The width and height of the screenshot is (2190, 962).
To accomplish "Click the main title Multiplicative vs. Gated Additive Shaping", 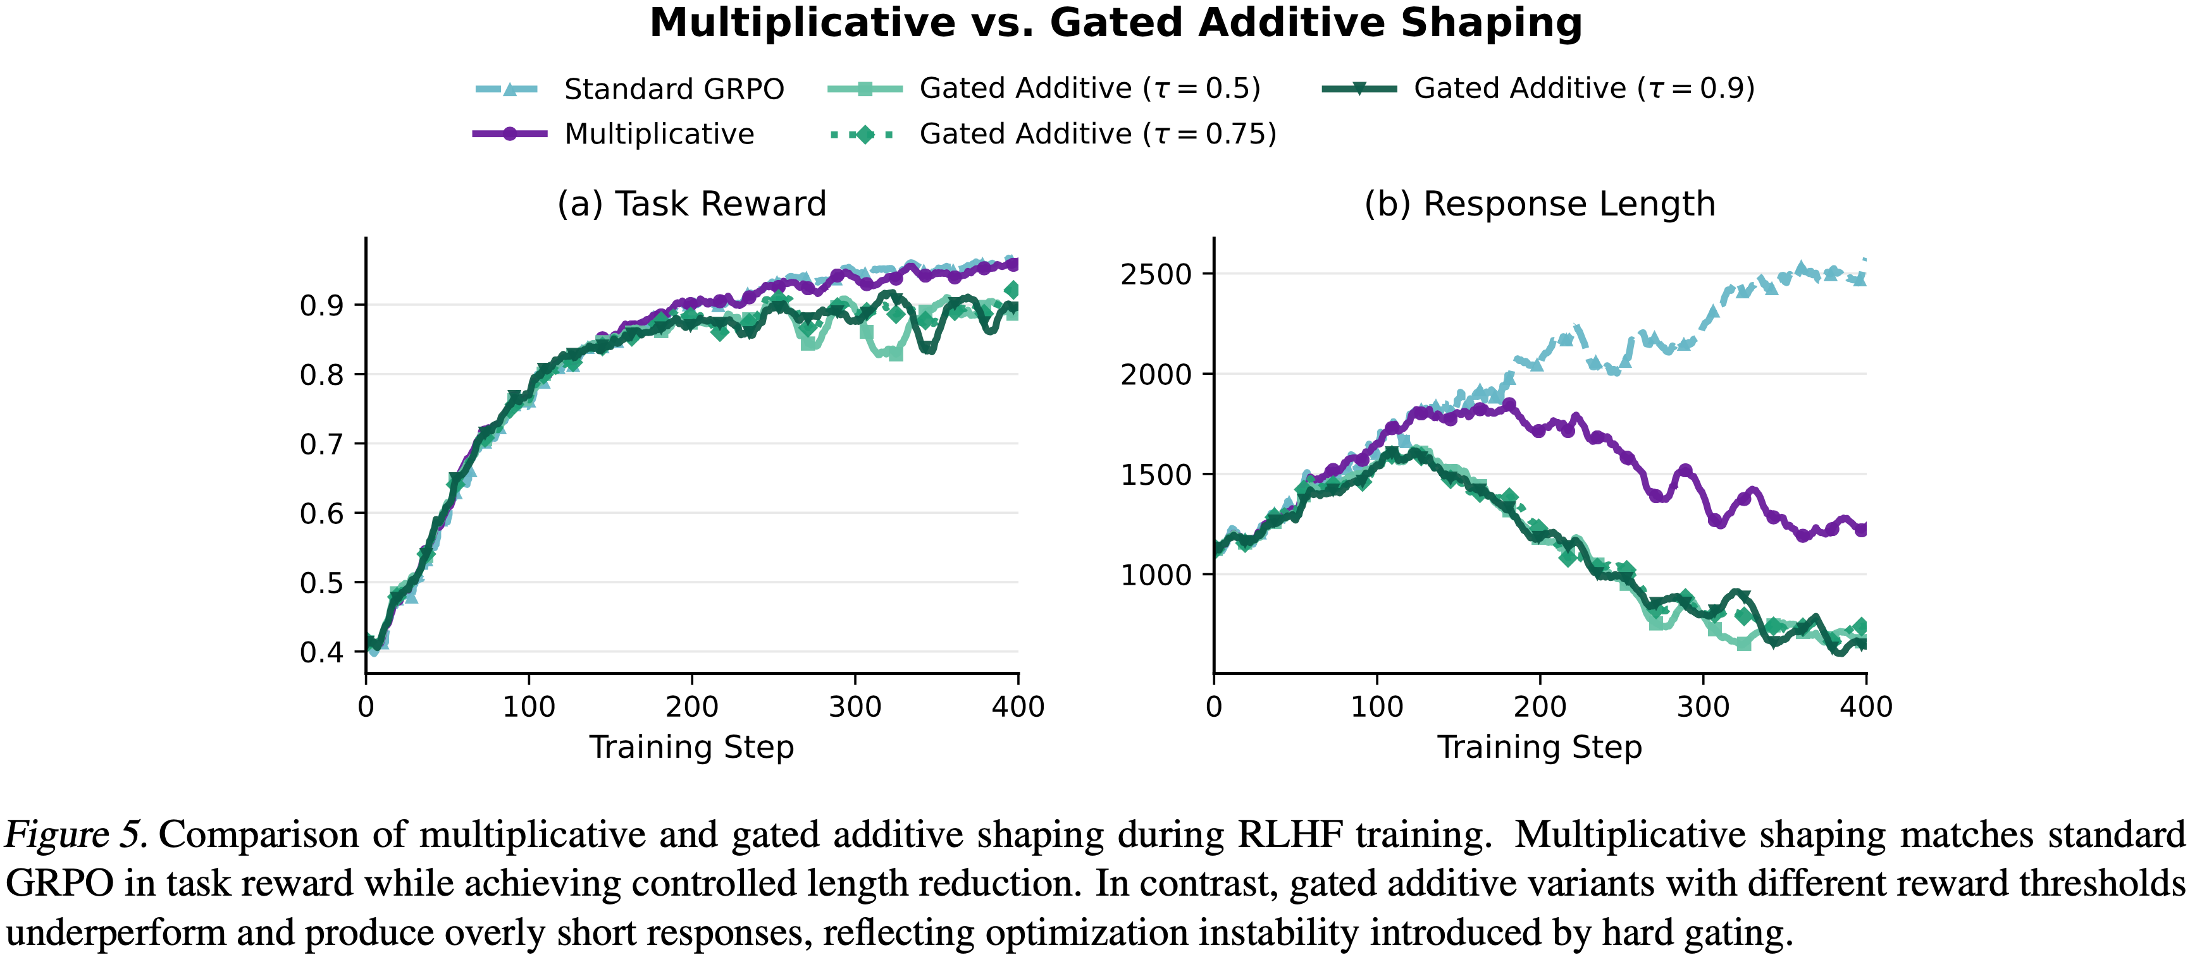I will [x=1115, y=23].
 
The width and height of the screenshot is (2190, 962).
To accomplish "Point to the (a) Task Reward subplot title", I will [x=691, y=204].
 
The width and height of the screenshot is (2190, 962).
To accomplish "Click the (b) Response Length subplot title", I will [x=1540, y=204].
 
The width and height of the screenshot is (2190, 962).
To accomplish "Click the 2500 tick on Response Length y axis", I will [x=1156, y=274].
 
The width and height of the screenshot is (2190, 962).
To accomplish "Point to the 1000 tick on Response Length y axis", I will [x=1156, y=575].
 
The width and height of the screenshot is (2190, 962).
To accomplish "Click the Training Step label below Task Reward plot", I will [x=691, y=748].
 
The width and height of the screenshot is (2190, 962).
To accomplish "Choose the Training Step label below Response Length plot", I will [x=1540, y=748].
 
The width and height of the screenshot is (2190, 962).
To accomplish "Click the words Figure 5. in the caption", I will [x=77, y=836].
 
